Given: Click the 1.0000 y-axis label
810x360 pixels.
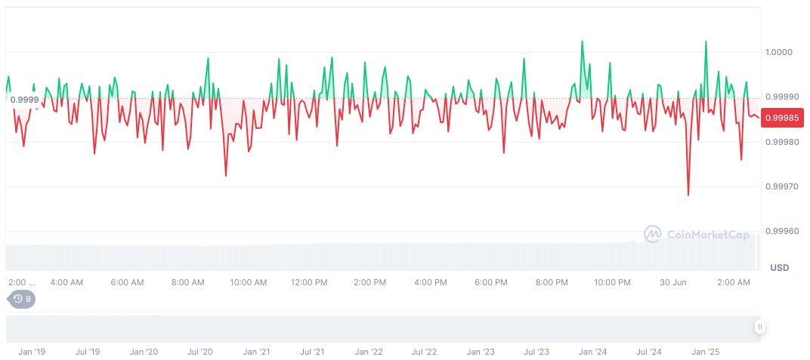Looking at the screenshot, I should click(778, 52).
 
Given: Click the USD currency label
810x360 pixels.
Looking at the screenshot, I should click(779, 268).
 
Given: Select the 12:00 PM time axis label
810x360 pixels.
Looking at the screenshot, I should click(309, 282).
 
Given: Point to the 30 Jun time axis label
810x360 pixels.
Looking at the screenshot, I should click(672, 282).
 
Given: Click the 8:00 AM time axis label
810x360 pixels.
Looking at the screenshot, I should click(187, 282).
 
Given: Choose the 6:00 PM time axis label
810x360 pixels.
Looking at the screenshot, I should click(491, 282).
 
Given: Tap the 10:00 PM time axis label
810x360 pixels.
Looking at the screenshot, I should click(612, 282).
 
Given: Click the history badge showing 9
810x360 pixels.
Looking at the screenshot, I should click(22, 299).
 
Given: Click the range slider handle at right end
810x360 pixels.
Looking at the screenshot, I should click(759, 327).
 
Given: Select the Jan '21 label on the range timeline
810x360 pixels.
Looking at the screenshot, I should click(256, 352).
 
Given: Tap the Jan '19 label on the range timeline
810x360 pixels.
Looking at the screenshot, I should click(32, 352).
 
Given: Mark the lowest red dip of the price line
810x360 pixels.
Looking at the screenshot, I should click(688, 195).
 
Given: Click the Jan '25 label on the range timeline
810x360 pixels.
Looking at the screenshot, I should click(705, 352).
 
